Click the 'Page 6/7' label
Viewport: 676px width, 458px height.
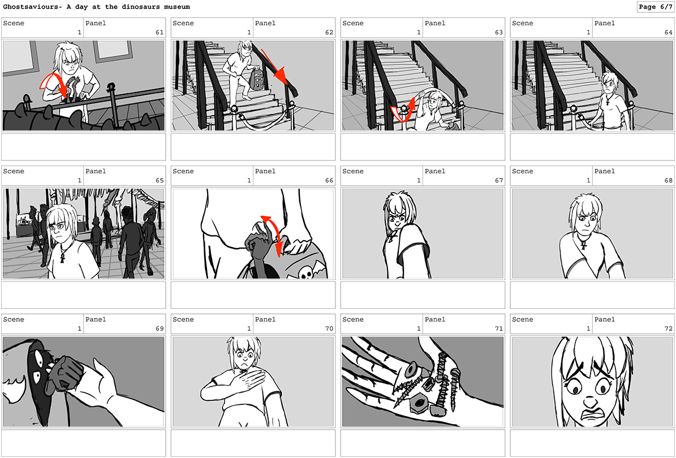pyautogui.click(x=655, y=7)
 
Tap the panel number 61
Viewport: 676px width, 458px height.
pyautogui.click(x=160, y=32)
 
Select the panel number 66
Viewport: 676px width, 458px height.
pyautogui.click(x=329, y=180)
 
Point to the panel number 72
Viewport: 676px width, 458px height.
pyautogui.click(x=668, y=329)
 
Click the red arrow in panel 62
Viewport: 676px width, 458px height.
pyautogui.click(x=274, y=67)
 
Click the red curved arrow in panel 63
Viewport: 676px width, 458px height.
pyautogui.click(x=404, y=110)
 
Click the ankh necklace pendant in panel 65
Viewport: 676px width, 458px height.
pyautogui.click(x=62, y=258)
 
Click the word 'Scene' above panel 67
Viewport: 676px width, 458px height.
pyautogui.click(x=353, y=171)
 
